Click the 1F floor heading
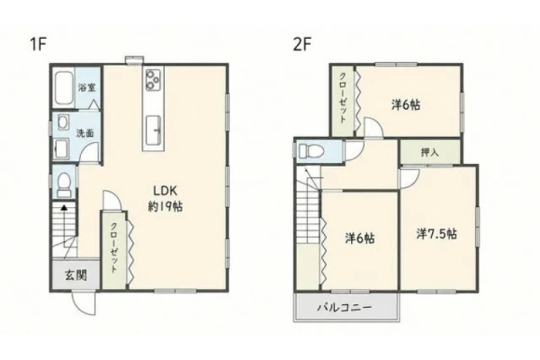[38, 44]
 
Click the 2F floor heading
[302, 44]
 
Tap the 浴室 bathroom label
[86, 87]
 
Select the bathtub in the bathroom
[64, 87]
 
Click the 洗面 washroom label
[85, 133]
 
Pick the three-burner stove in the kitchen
[153, 80]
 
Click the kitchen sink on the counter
[153, 130]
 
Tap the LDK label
[165, 191]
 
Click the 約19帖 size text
[166, 206]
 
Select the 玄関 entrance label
[76, 275]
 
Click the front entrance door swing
[84, 303]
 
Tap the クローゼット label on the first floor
[113, 247]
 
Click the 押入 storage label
[430, 152]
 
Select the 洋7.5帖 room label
[436, 234]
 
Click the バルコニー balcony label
[345, 307]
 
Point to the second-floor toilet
[310, 150]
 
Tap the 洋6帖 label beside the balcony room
[360, 238]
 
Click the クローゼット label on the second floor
[343, 98]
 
